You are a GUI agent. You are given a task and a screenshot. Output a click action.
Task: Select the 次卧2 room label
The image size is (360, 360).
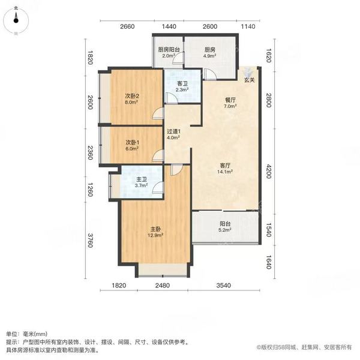[132, 96]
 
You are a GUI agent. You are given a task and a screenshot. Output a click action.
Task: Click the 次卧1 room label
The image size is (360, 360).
[132, 143]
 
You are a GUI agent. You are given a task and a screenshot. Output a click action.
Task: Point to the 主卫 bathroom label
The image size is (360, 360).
[142, 179]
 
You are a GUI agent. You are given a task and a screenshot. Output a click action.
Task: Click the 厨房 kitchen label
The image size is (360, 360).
[209, 50]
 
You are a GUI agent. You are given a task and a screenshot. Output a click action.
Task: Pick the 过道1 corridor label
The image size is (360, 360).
[174, 131]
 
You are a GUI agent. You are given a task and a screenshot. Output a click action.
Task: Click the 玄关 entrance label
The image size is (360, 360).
[249, 79]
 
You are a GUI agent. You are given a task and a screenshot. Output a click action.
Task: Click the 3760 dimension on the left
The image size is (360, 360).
[91, 238]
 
